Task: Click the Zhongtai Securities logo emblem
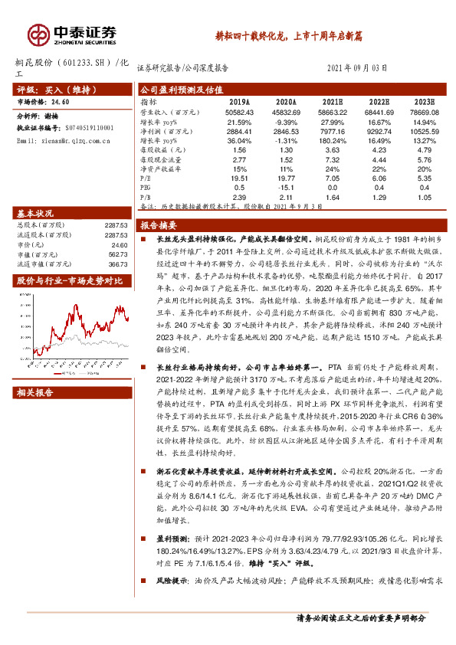(x=38, y=34)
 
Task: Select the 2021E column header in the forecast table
(x=332, y=100)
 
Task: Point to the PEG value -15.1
(x=286, y=186)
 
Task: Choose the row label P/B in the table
(x=145, y=196)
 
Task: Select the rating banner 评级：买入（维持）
(x=51, y=89)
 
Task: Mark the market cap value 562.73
(x=116, y=254)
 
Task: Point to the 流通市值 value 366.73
(x=116, y=264)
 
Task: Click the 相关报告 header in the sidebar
(x=35, y=393)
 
